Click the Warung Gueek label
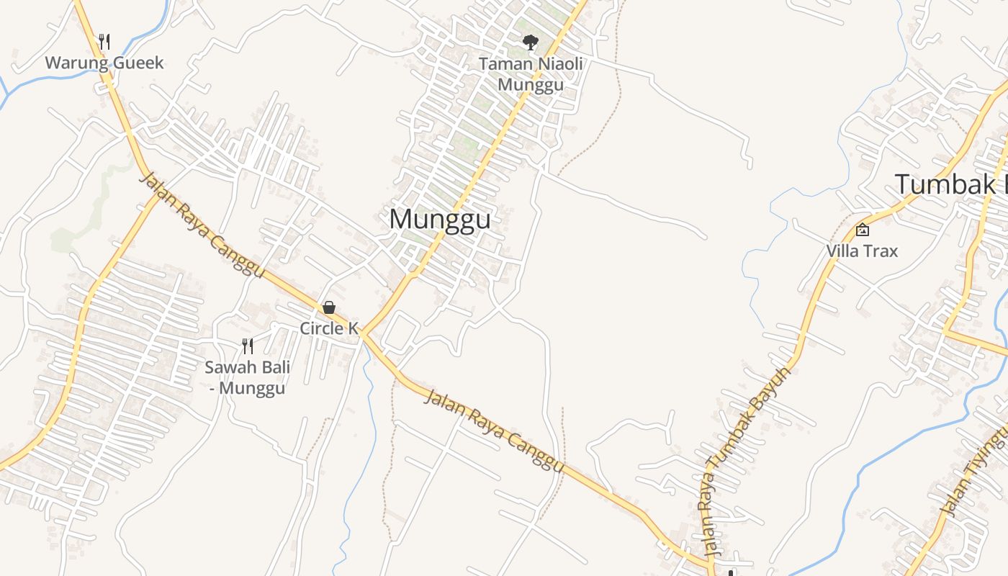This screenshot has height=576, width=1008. click(x=104, y=63)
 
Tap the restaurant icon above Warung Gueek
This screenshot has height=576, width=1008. click(x=104, y=42)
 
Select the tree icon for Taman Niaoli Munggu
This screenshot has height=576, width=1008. click(x=531, y=42)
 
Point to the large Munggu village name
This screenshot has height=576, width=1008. click(x=440, y=220)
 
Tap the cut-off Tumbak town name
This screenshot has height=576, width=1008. click(x=950, y=185)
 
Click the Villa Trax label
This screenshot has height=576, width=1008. click(x=862, y=251)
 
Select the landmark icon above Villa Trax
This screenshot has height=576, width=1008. click(x=862, y=230)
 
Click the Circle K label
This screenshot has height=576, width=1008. click(x=329, y=328)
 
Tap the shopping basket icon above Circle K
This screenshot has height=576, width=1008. click(x=329, y=308)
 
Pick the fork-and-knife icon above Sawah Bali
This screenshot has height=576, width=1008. click(x=248, y=346)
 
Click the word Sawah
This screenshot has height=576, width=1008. click(x=227, y=368)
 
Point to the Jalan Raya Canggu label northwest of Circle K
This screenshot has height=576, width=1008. click(x=202, y=226)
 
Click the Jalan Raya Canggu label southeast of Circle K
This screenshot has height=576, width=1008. click(x=494, y=431)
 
